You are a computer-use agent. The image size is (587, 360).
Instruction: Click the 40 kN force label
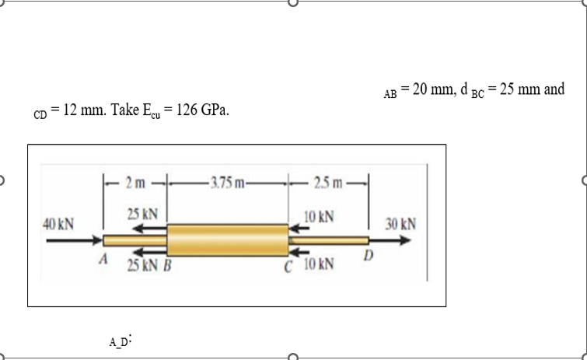[58, 224]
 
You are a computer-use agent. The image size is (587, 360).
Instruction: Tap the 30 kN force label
[400, 224]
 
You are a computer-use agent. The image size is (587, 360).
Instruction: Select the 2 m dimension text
[135, 183]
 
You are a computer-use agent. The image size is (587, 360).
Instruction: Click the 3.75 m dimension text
[227, 183]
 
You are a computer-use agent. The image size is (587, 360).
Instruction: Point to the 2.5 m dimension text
[328, 183]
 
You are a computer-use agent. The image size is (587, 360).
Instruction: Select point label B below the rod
[167, 265]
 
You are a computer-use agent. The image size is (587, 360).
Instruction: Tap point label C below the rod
[288, 267]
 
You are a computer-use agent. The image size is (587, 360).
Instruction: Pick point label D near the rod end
[369, 255]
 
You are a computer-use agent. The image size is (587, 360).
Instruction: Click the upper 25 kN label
[142, 214]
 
